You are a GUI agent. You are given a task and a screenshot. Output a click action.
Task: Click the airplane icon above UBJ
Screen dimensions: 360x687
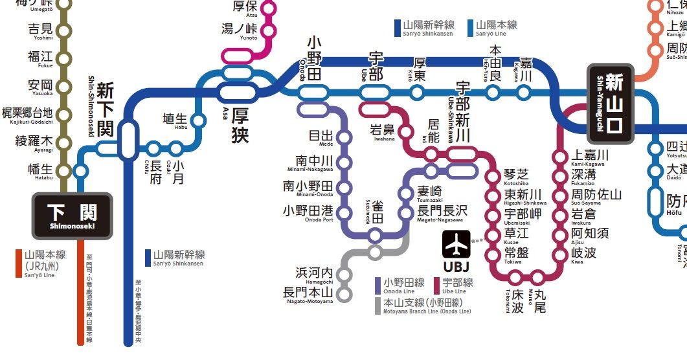coord(456,244)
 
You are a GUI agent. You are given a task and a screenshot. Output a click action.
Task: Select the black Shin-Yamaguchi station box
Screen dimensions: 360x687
coord(614,104)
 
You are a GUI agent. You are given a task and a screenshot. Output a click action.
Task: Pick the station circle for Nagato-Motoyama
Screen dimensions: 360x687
coord(344,294)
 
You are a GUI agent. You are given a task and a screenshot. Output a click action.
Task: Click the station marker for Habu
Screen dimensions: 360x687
coord(199,120)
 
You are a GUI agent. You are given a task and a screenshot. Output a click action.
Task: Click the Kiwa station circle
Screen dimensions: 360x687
coord(561,253)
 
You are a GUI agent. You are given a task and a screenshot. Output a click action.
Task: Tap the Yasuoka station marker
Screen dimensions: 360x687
coord(63,86)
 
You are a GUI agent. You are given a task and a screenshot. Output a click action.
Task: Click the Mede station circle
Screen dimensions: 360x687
coord(344,137)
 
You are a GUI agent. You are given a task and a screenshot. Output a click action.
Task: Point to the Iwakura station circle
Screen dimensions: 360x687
coord(561,214)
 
